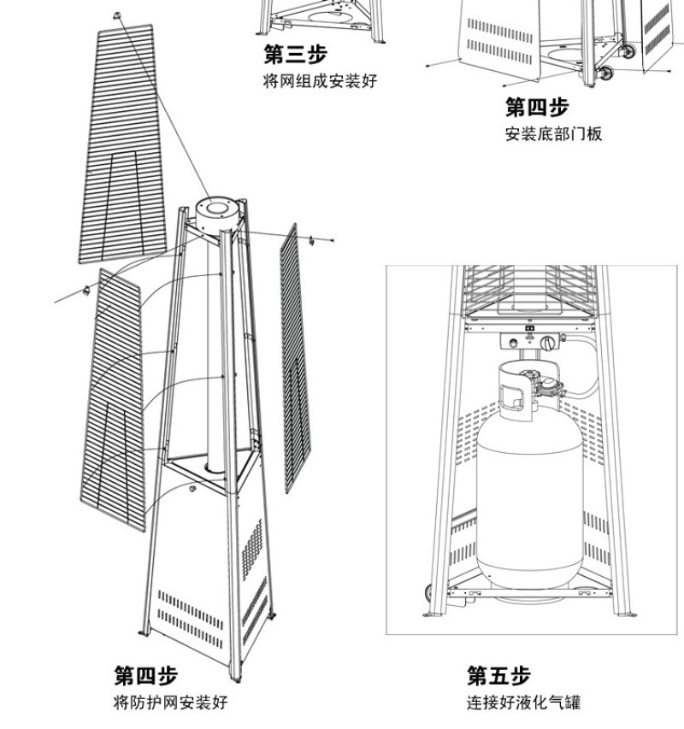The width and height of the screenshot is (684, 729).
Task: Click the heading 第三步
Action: tap(295, 56)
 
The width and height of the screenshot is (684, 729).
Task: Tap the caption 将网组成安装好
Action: tap(319, 81)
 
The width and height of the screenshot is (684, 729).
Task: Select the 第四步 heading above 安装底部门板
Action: tap(537, 108)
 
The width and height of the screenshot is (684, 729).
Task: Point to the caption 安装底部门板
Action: tap(553, 134)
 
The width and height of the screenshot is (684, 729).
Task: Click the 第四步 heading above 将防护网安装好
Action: tap(146, 676)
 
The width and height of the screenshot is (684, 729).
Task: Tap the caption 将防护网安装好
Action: tap(171, 703)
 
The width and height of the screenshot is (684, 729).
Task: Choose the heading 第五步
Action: tap(498, 676)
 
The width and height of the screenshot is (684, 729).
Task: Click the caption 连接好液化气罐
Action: tap(523, 703)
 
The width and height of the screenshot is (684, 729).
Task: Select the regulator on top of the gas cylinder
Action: tap(546, 384)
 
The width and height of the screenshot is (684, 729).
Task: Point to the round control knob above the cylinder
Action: tap(547, 344)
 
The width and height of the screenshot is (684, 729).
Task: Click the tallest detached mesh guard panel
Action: tap(124, 145)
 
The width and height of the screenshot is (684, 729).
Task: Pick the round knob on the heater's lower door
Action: tap(192, 490)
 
